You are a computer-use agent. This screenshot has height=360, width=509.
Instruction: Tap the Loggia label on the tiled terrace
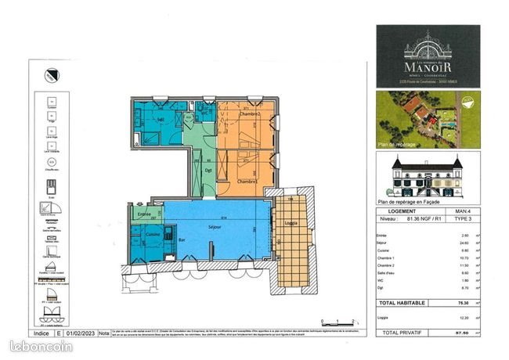pos(290,221)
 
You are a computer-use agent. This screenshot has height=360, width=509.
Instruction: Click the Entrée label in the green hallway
pos(144,214)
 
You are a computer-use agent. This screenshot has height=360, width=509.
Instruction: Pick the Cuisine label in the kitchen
pos(151,234)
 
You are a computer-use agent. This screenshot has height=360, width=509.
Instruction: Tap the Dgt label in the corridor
pos(209,169)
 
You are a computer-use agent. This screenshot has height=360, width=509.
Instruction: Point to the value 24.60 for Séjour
pos(465,243)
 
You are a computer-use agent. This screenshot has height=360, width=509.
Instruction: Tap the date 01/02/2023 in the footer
pos(81,333)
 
